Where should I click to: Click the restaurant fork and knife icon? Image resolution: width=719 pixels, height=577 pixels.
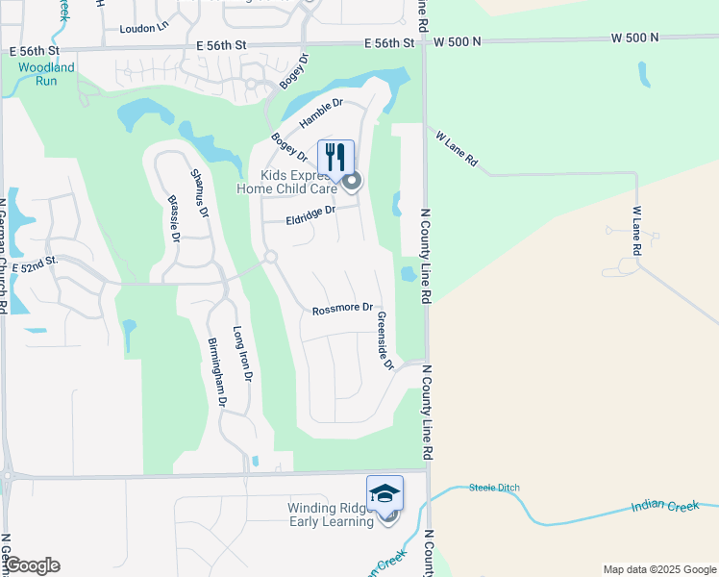335,157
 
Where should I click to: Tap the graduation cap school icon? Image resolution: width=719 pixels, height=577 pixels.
384,493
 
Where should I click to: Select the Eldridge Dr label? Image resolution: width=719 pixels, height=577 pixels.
310,220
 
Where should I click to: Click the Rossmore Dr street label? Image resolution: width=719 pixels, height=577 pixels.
341,309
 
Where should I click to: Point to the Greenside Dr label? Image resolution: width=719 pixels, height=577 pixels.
384,340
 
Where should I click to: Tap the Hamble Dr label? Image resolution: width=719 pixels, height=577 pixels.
321,113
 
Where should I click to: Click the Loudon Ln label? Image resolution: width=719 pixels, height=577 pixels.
143,28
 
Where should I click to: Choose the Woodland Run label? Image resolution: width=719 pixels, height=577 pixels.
45,74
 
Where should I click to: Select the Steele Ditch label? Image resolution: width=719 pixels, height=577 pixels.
494,488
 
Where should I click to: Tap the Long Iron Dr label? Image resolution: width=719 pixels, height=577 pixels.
242,355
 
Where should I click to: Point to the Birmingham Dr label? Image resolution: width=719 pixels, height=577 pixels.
216,373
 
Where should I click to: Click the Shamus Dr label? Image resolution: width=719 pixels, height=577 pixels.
199,192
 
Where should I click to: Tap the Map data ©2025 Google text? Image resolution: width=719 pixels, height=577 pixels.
658,569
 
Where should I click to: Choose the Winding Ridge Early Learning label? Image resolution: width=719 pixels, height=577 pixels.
331,514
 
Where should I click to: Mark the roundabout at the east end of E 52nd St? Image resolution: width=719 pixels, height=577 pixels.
270,257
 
